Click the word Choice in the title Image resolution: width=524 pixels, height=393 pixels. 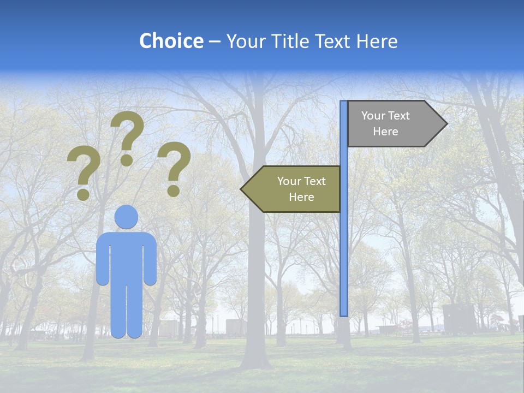pyautogui.click(x=171, y=41)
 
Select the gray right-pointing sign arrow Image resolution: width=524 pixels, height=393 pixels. pyautogui.click(x=393, y=124)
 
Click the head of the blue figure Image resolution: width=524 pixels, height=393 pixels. pyautogui.click(x=127, y=217)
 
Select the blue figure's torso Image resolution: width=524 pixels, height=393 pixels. pyautogui.click(x=127, y=257)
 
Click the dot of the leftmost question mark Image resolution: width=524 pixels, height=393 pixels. pyautogui.click(x=83, y=194)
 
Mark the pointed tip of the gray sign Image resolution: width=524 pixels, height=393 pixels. pyautogui.click(x=446, y=124)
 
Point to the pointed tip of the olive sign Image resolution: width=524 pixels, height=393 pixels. pyautogui.click(x=242, y=189)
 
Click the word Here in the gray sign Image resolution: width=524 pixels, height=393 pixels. pyautogui.click(x=385, y=132)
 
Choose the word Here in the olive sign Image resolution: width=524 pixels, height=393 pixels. pyautogui.click(x=301, y=197)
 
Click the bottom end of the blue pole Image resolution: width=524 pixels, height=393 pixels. pyautogui.click(x=344, y=314)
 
